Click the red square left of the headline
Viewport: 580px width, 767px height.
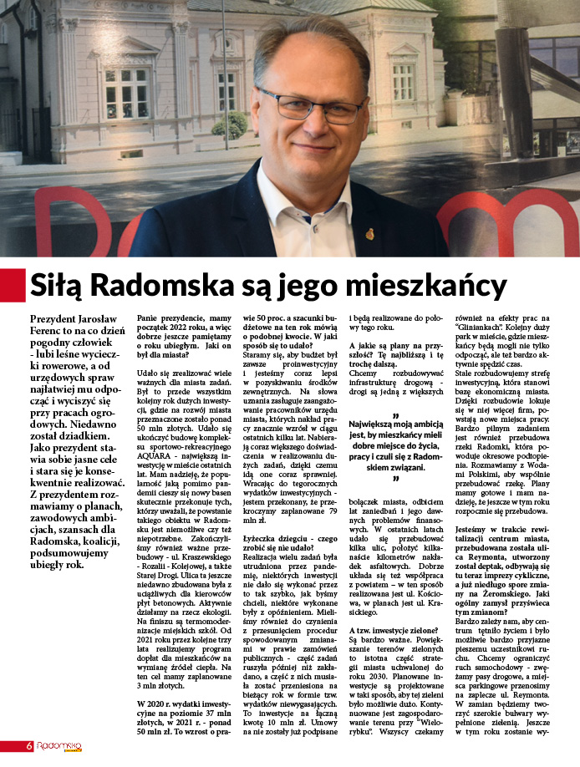click(12, 285)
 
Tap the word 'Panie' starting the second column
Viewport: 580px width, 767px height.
click(152, 318)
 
